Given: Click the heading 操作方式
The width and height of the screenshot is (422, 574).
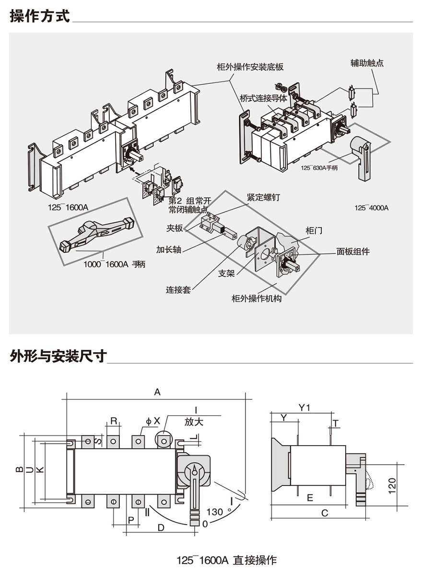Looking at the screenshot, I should [40, 16].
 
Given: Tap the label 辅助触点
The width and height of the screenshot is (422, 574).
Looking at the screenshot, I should [367, 63].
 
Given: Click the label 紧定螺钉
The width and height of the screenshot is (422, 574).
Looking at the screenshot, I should [263, 197].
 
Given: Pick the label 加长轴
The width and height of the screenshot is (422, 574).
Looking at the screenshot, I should [168, 250].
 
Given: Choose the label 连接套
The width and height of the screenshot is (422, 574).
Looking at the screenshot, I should [178, 290].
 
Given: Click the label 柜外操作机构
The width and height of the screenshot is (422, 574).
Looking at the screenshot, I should [257, 298].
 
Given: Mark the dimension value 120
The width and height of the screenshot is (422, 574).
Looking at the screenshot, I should [392, 486].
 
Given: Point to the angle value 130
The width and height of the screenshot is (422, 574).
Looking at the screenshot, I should [215, 512].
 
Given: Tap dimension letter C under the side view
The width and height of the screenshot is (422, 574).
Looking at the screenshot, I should [325, 513].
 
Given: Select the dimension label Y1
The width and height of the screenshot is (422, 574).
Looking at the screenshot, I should [305, 408].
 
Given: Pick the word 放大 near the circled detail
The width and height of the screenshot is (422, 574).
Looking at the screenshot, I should [194, 422].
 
